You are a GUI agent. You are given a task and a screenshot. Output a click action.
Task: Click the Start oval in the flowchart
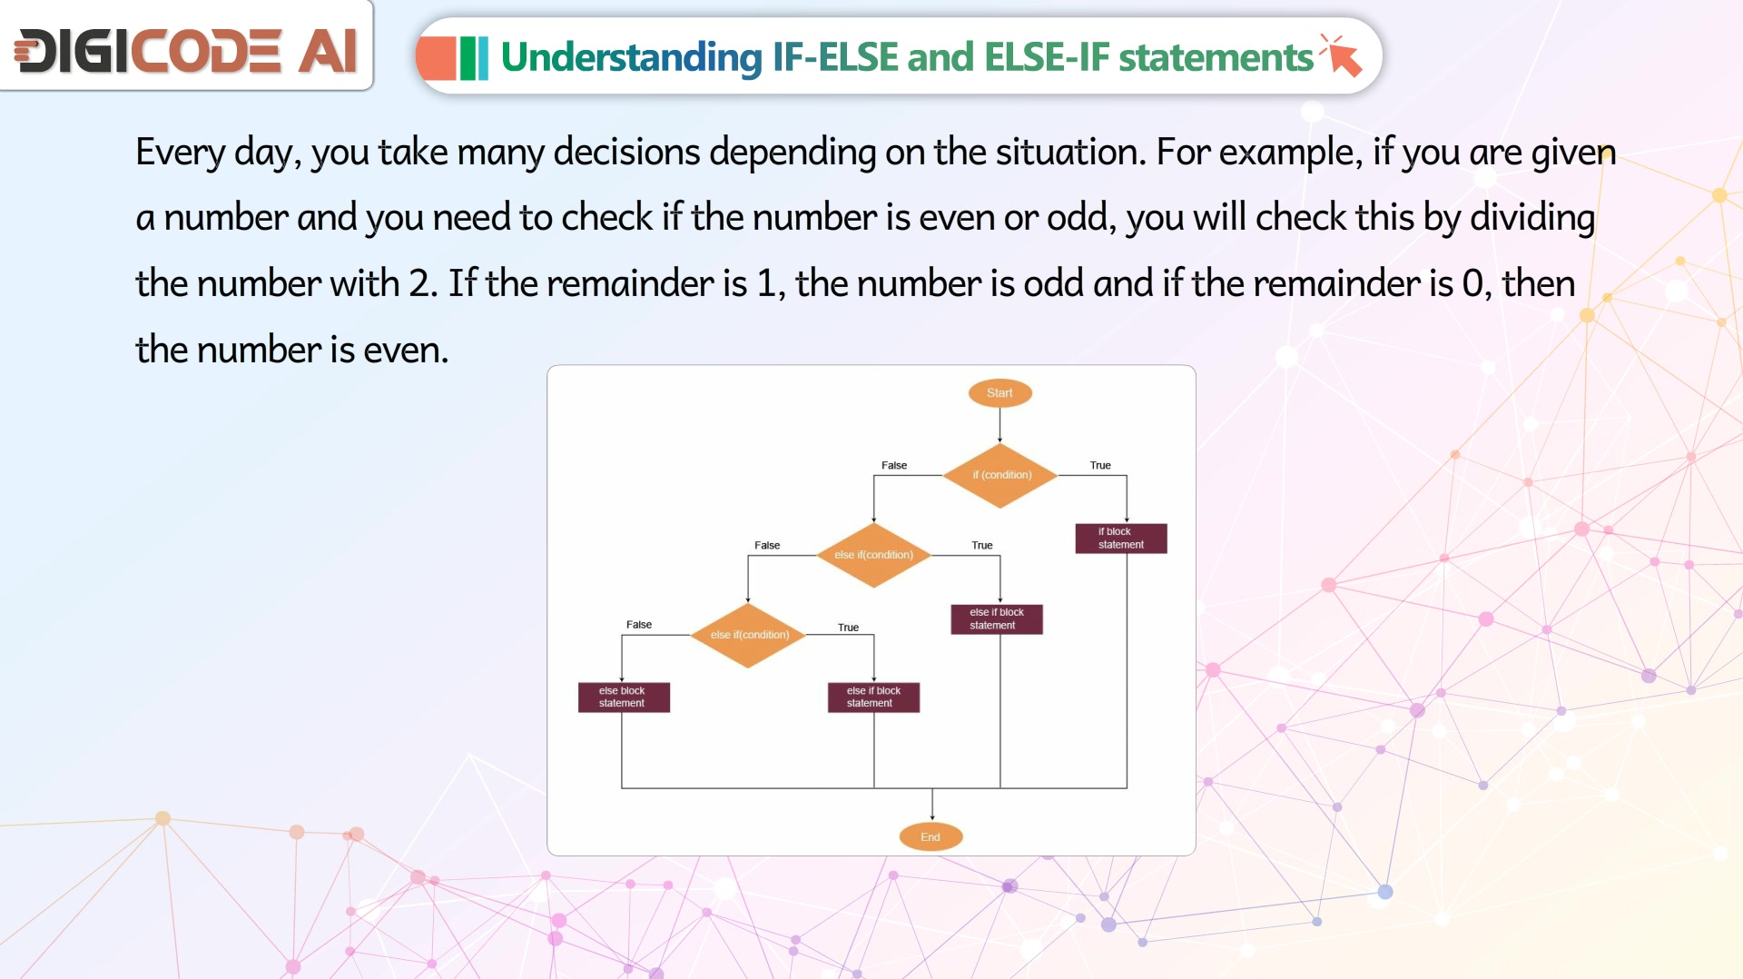1000,393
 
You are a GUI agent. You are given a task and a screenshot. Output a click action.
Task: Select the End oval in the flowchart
931,836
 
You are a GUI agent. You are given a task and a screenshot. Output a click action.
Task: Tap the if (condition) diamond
1000,475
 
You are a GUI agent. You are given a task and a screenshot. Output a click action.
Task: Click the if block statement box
1121,539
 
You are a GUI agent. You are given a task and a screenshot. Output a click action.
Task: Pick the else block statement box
624,697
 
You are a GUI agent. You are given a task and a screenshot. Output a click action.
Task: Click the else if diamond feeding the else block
748,635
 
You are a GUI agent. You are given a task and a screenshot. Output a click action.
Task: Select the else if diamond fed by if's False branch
873,555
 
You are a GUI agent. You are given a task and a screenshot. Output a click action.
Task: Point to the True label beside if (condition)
1100,465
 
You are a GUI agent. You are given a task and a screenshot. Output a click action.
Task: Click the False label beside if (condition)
894,465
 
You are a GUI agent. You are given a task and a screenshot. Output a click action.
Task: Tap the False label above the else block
639,625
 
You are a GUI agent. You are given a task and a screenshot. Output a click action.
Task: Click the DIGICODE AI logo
186,50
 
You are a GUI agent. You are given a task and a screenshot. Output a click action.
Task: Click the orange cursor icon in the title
1341,56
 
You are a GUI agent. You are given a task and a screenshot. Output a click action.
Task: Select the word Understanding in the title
632,57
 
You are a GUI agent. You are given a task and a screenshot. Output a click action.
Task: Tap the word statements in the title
1216,57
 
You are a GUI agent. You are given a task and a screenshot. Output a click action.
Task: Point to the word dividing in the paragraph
1532,217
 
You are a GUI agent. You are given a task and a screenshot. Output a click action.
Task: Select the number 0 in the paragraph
1473,283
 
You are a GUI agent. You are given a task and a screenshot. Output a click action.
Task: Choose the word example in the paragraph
1290,152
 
